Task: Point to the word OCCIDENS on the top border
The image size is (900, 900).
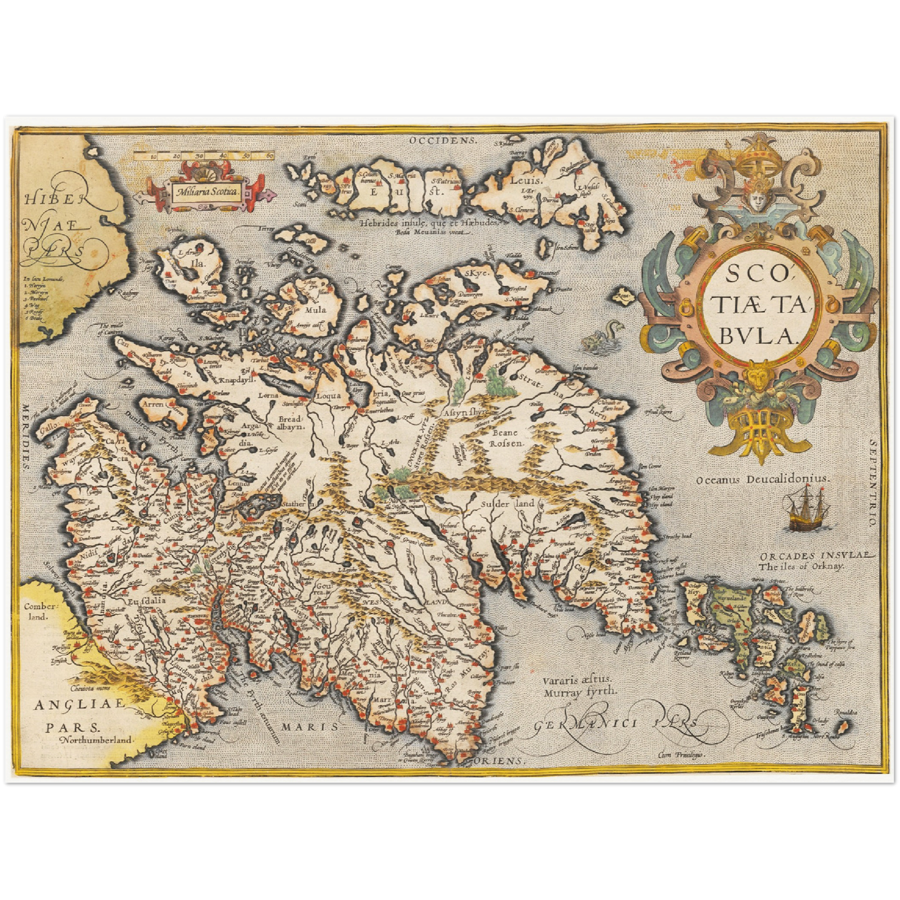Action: tap(443, 140)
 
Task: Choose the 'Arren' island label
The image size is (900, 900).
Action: tap(153, 404)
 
